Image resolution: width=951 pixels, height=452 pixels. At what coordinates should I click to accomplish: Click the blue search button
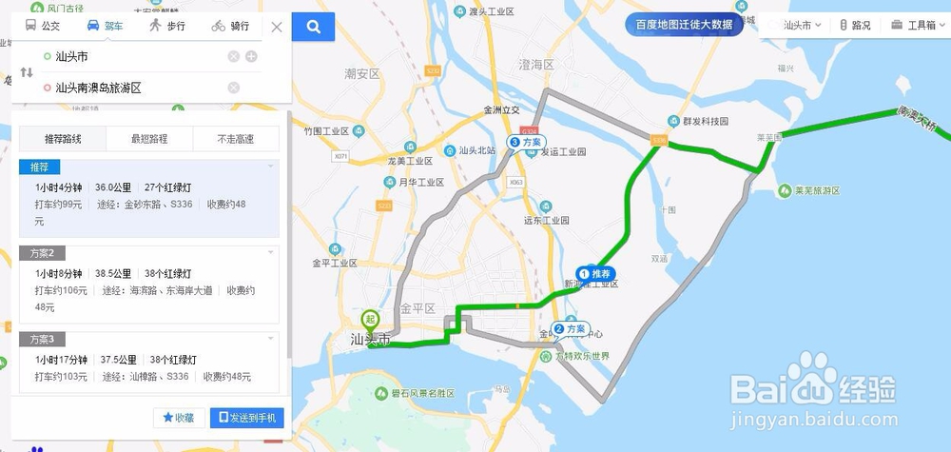click(x=312, y=27)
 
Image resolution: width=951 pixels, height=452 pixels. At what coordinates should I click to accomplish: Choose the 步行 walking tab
click(x=167, y=27)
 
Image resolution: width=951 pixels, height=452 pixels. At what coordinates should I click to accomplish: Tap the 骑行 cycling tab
click(x=231, y=27)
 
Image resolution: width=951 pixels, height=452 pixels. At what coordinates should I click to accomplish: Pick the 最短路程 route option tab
click(x=149, y=139)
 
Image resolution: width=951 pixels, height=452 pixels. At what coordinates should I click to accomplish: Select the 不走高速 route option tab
click(x=236, y=139)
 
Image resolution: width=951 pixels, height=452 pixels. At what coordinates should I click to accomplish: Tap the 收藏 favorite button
click(x=178, y=418)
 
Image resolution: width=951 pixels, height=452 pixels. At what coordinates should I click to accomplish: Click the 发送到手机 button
click(x=247, y=418)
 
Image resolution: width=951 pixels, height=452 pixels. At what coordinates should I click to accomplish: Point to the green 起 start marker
click(x=371, y=321)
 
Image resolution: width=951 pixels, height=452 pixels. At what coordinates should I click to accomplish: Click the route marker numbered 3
click(x=514, y=142)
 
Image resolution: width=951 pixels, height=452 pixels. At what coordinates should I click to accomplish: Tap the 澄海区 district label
click(x=535, y=65)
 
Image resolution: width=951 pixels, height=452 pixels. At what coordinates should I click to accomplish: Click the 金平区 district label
click(x=417, y=308)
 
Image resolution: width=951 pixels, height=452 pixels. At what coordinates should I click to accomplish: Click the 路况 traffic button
click(x=855, y=26)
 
